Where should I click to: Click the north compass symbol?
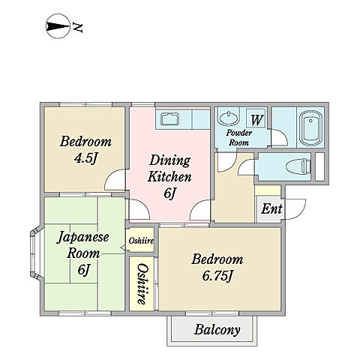pos(58,26)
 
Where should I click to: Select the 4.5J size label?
pos(85,158)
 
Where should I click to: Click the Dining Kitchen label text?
pos(169,168)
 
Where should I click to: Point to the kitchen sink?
pos(169,119)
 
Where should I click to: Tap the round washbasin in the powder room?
pos(228,118)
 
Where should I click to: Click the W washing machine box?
pos(256,118)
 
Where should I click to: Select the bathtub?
pos(310,127)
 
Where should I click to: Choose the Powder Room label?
pos(238,137)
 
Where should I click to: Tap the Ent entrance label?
pos(271,208)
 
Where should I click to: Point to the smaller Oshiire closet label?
pos(141,241)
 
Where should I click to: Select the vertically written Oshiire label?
pos(142,284)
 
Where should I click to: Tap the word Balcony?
pos(217,330)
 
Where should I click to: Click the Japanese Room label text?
pos(83,245)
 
